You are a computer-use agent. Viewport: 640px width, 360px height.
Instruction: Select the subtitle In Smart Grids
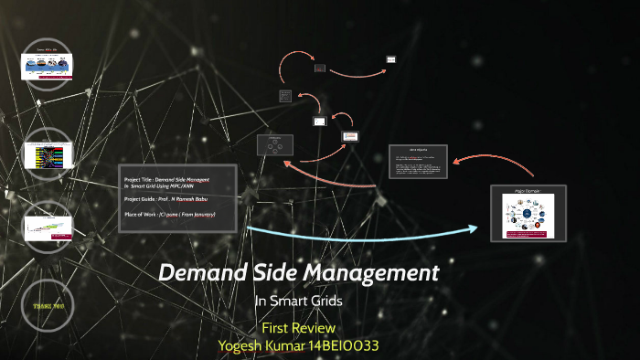click(299, 302)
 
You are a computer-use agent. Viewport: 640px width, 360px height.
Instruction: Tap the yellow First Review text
click(299, 327)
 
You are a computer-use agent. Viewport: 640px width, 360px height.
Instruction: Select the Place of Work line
click(169, 214)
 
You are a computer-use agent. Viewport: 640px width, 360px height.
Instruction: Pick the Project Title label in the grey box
click(138, 179)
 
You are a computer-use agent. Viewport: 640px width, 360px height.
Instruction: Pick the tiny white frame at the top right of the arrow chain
click(390, 59)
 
